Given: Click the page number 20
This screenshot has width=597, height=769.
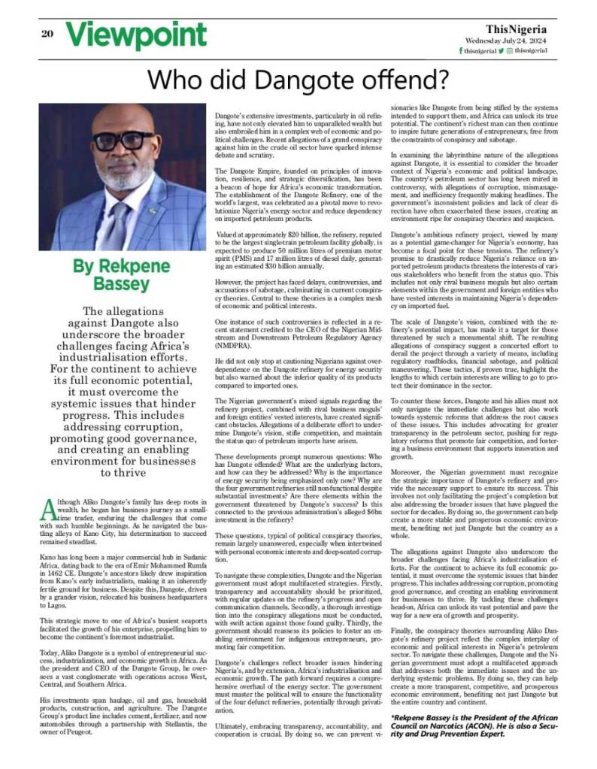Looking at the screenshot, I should click(46, 33).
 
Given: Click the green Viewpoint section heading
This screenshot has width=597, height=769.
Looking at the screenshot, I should click(135, 35).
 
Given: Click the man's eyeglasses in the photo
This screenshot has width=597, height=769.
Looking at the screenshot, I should click(122, 139).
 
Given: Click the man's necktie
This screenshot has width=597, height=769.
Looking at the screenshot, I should click(114, 219).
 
